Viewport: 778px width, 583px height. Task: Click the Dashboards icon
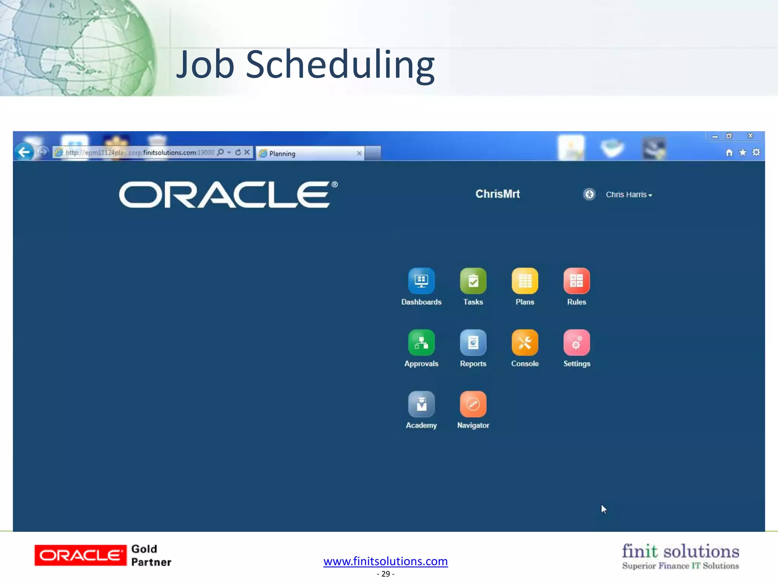[x=421, y=281]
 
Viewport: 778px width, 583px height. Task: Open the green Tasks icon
[x=473, y=281]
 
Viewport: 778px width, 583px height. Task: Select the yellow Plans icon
[x=525, y=281]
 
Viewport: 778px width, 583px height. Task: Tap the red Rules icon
[x=576, y=281]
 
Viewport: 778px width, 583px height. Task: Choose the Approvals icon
[x=421, y=343]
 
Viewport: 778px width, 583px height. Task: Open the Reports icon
[x=473, y=343]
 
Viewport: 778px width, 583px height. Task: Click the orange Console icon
[x=525, y=343]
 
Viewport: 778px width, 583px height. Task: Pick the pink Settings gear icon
[x=576, y=343]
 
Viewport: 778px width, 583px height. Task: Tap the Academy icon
[x=421, y=404]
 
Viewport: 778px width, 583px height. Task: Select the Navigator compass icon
[x=473, y=404]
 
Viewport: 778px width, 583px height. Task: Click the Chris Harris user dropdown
[x=629, y=195]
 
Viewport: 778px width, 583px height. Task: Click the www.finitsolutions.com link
[x=386, y=561]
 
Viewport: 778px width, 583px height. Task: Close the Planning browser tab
[x=359, y=153]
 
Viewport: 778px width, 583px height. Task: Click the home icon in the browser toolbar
[x=729, y=153]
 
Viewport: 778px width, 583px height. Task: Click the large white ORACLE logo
[x=228, y=195]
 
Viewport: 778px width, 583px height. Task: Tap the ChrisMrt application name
[x=498, y=194]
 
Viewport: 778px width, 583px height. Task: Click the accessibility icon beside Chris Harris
[x=589, y=194]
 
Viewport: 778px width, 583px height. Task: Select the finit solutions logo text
[x=680, y=551]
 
